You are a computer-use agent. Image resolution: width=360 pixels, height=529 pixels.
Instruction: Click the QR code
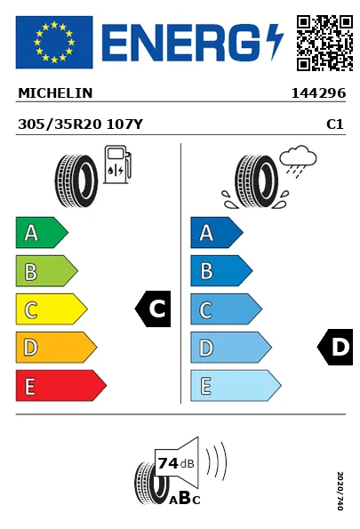click(x=324, y=43)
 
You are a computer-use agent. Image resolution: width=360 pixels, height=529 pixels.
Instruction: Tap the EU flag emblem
click(x=54, y=42)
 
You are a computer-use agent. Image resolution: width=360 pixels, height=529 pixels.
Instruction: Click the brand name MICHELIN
click(x=55, y=93)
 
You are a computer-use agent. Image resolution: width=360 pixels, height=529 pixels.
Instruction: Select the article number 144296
click(x=318, y=93)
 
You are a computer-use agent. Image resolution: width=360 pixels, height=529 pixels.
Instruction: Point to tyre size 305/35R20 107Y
click(x=80, y=124)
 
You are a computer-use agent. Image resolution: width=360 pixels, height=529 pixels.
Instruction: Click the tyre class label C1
click(x=335, y=124)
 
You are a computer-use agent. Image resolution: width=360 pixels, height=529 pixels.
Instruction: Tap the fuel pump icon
click(x=117, y=164)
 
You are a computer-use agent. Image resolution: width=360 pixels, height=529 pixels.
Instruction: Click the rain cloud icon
click(x=298, y=161)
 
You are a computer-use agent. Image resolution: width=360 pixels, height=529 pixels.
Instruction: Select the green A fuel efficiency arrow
click(x=42, y=232)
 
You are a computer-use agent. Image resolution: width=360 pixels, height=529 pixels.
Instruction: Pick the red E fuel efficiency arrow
click(x=61, y=385)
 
